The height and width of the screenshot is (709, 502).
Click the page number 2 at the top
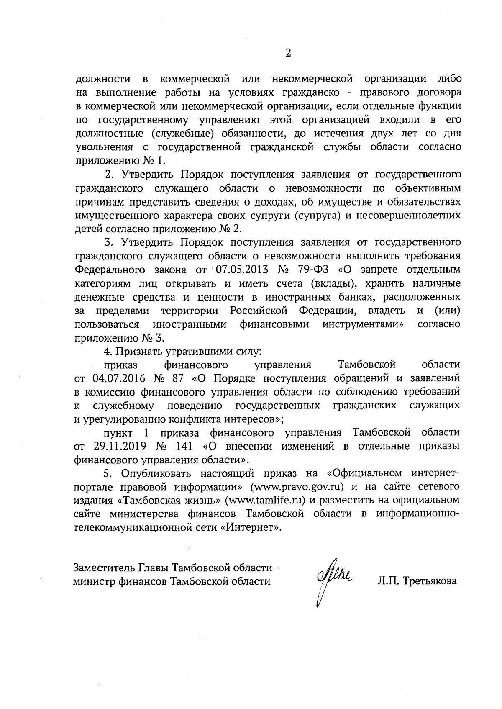287,53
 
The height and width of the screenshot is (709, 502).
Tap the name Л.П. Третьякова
417,581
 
